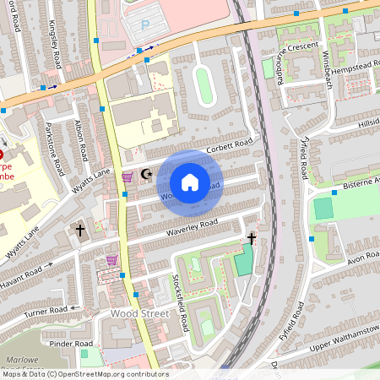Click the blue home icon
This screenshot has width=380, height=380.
(189, 182)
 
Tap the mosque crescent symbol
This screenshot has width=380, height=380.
(147, 174)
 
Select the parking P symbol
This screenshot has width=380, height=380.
(144, 27)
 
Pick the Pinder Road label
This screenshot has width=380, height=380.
(70, 345)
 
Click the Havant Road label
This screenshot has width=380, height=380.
(20, 277)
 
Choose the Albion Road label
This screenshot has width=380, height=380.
(80, 138)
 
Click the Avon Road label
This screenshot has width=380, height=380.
(361, 256)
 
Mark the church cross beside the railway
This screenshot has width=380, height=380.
(251, 239)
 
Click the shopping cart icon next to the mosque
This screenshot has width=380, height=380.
(128, 176)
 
